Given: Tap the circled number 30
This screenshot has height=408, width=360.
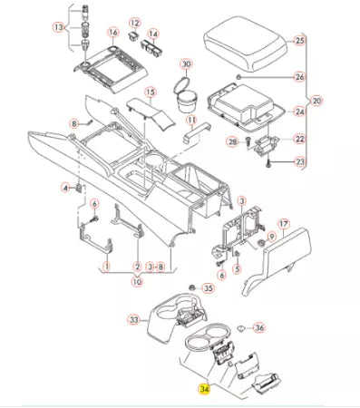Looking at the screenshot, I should point(186,64).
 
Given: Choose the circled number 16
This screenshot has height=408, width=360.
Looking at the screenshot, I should point(113,33).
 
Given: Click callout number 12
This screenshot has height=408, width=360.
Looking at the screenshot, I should point(134,23).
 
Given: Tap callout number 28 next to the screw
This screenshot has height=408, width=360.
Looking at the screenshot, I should point(232,143).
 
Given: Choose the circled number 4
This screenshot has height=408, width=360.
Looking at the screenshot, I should point(66,188).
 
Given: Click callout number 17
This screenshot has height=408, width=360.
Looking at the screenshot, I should point(282,222).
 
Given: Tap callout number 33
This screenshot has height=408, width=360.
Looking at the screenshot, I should point(133,320).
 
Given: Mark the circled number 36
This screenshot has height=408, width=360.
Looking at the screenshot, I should point(258,328).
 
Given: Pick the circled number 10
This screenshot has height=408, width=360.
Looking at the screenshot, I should point(137,282).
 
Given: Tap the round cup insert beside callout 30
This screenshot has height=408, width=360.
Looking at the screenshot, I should point(185,99).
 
